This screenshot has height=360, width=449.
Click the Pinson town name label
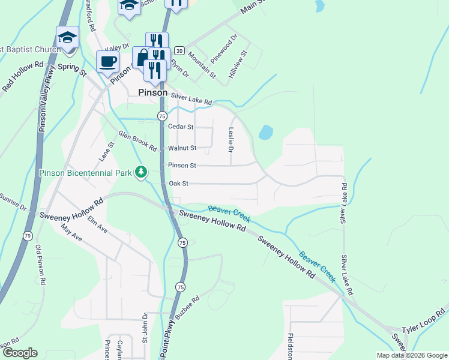coord(152,92)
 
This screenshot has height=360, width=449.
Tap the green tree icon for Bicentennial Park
coord(141,173)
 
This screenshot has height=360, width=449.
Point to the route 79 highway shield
coord(28,236)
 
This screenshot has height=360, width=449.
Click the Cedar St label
coord(181,127)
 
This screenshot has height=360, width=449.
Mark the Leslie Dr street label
coord(230,139)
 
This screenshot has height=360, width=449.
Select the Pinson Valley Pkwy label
coord(43,107)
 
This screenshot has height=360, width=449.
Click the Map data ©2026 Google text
coord(412,355)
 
